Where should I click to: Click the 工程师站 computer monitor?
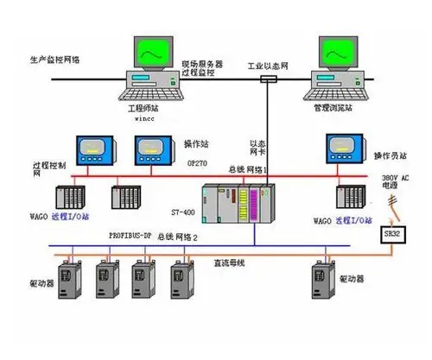(153, 55)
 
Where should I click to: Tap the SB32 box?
(393, 233)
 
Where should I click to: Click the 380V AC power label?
(397, 181)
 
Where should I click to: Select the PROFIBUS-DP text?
(131, 235)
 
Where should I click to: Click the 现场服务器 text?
(202, 65)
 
